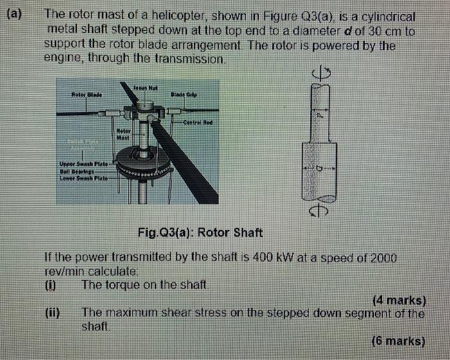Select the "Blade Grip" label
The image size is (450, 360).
pos(184,93)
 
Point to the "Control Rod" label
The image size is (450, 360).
pos(197,122)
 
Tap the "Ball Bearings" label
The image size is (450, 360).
pos(76,172)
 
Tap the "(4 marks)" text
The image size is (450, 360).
pos(399,300)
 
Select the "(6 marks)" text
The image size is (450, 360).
pos(399,341)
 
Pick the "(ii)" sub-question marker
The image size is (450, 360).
pos(53,314)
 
